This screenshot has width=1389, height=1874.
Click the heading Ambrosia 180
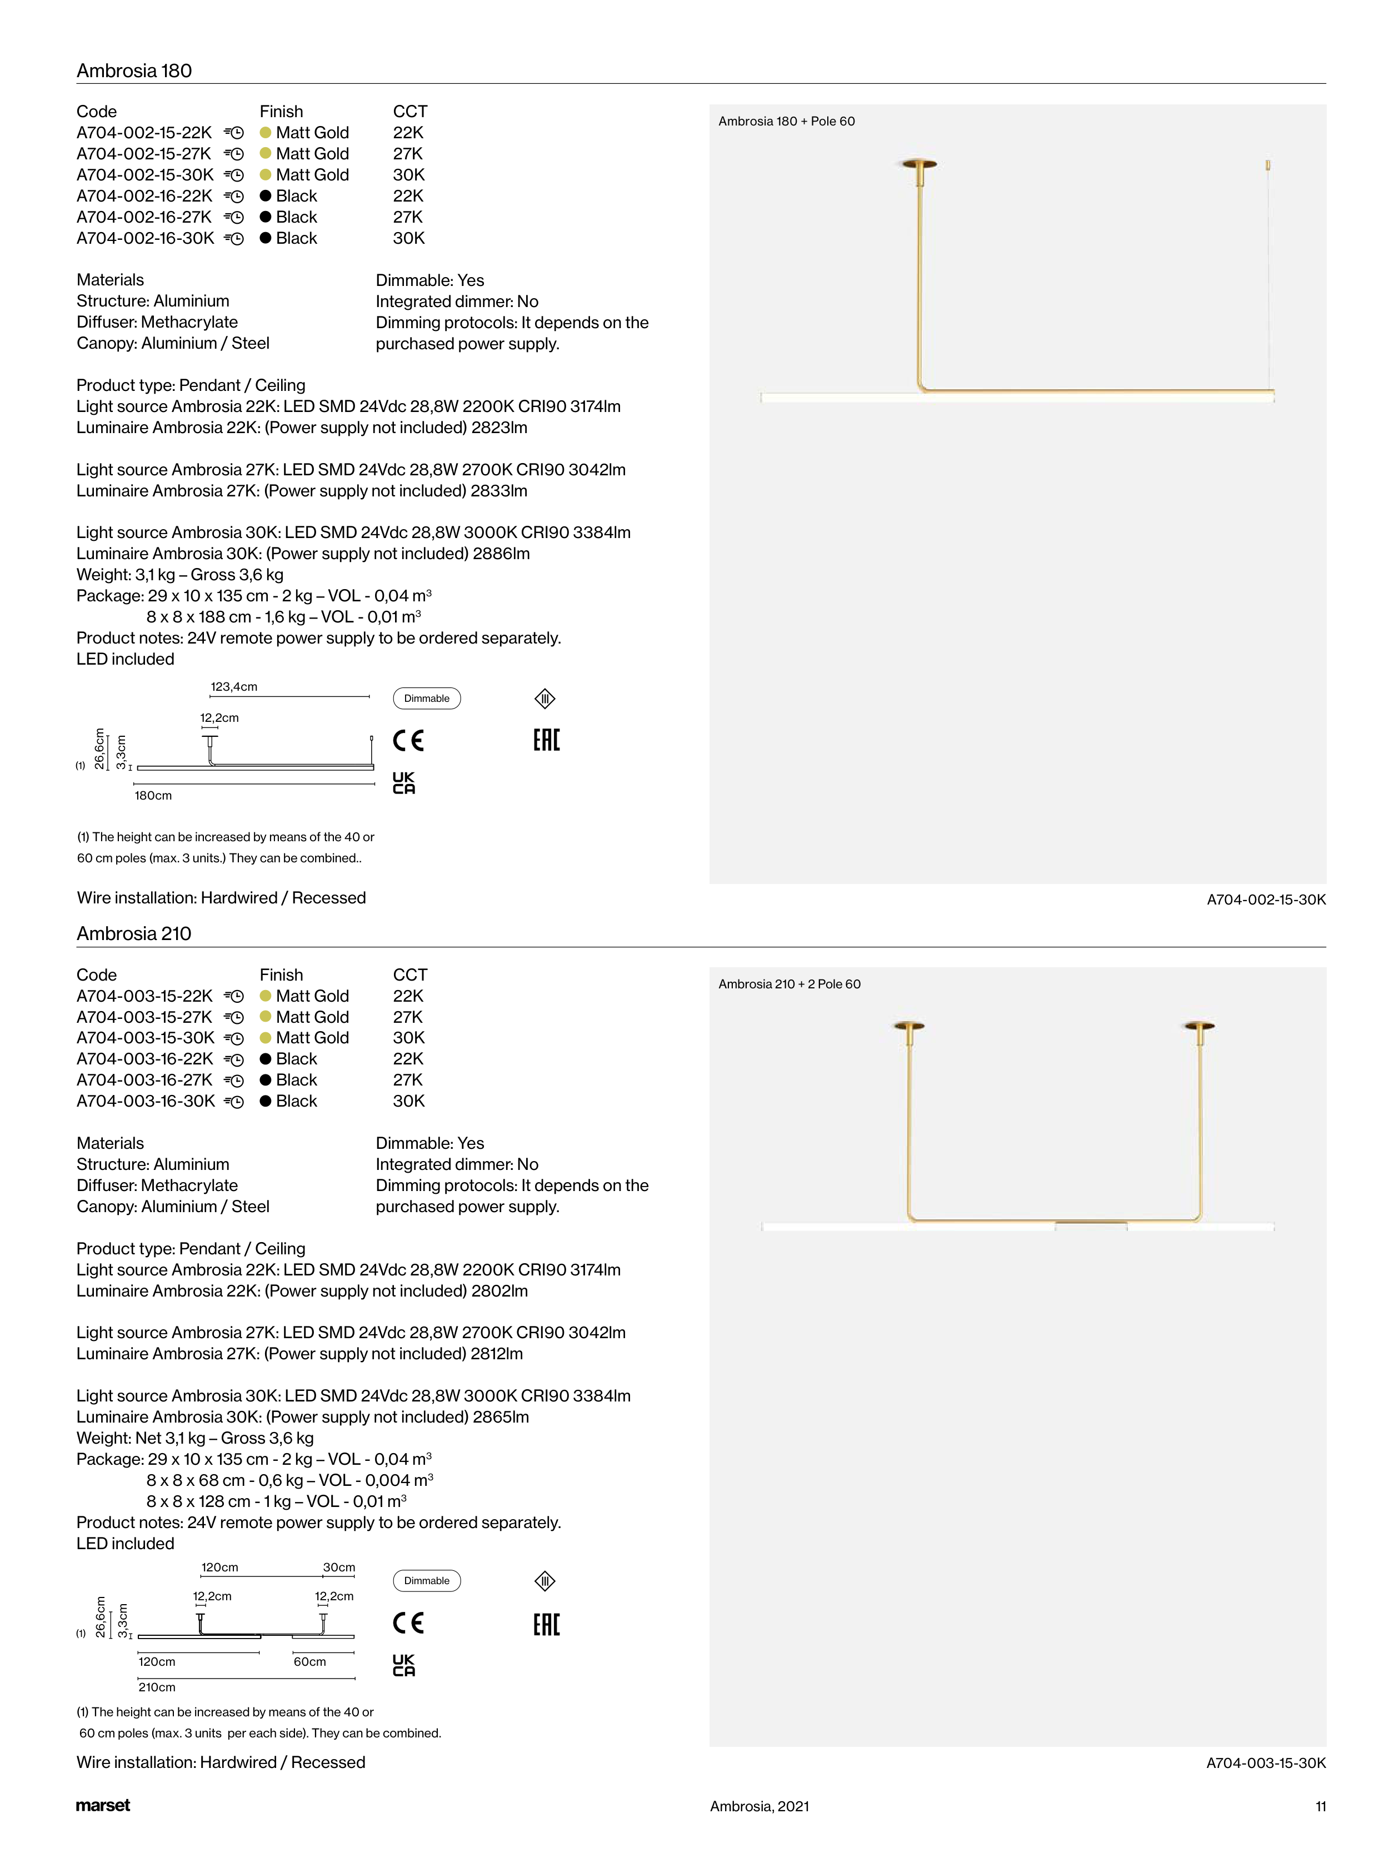[134, 71]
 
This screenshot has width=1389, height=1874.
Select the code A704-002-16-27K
[144, 217]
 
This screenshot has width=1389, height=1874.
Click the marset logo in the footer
[103, 1805]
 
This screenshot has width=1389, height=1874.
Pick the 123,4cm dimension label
[234, 686]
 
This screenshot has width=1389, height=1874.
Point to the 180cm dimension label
[153, 795]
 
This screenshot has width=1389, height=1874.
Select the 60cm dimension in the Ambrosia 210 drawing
[309, 1661]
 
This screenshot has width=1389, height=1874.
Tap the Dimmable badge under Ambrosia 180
[427, 699]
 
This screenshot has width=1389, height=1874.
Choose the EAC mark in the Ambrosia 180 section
[547, 740]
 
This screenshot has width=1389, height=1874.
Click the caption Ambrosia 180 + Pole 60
[786, 121]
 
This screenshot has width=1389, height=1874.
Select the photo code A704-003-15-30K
[1266, 1762]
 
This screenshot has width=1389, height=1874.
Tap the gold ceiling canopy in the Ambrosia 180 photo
[920, 163]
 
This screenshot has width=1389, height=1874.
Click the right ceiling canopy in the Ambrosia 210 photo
[1199, 1026]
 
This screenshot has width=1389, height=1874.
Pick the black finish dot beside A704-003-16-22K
[266, 1059]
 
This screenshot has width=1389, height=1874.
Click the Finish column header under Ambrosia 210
[281, 975]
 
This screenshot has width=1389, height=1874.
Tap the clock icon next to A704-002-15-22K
[237, 133]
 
